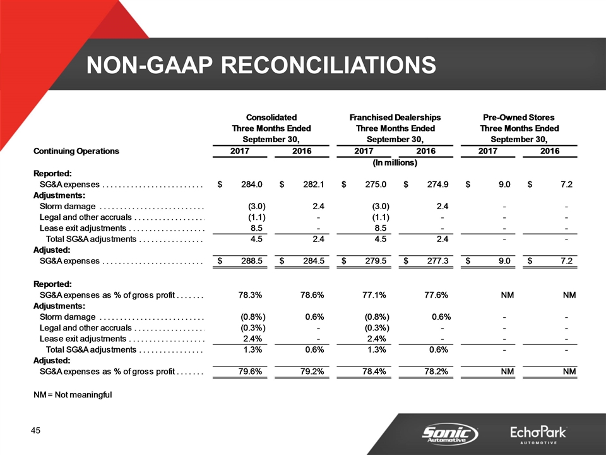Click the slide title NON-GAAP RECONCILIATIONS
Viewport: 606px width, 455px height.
(x=261, y=64)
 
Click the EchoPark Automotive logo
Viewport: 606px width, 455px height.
(x=538, y=435)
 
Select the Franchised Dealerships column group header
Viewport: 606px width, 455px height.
(x=395, y=118)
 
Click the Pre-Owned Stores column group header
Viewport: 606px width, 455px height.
(x=518, y=118)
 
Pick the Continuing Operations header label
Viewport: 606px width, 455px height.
(x=76, y=151)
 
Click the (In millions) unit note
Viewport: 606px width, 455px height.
(x=395, y=163)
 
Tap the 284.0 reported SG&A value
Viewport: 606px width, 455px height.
(x=253, y=185)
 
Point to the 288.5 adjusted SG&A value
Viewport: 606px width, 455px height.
(x=253, y=260)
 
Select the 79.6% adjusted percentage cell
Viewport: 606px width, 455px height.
(x=252, y=370)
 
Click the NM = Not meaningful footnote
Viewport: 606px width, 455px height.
(x=72, y=395)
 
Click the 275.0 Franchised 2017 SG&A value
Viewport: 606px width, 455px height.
(x=377, y=185)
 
